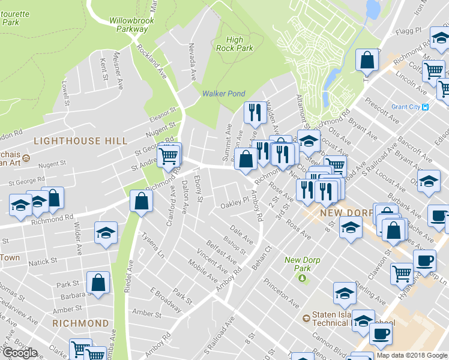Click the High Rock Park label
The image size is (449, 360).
[x=234, y=44]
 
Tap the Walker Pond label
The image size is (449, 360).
[x=223, y=94]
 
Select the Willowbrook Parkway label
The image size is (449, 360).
[x=132, y=24]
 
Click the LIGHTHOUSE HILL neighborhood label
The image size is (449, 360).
[x=80, y=141]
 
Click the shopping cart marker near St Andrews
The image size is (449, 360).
[x=169, y=157]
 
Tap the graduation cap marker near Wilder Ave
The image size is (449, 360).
[x=106, y=232]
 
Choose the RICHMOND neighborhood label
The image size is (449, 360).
[x=80, y=323]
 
